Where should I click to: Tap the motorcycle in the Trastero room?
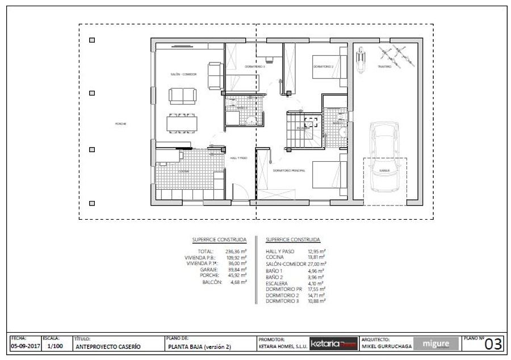[x=359, y=58]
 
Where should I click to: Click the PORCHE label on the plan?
[x=120, y=124]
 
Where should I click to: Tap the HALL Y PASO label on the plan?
[x=237, y=159]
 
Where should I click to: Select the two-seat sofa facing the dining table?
[x=183, y=96]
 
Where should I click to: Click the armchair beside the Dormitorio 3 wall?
[x=215, y=76]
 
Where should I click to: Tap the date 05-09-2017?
[x=24, y=345]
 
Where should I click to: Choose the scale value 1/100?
[x=55, y=345]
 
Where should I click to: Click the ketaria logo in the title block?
[x=333, y=344]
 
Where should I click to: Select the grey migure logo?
[x=436, y=344]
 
